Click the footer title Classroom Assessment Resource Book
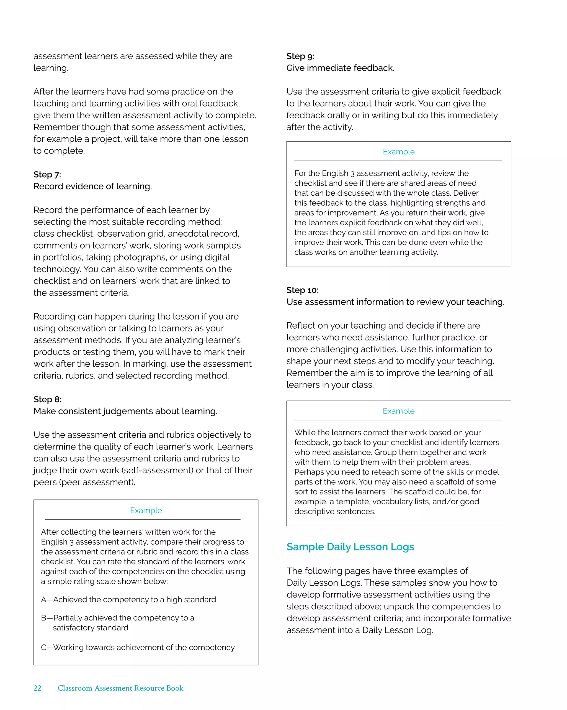point(120,688)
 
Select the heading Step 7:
point(47,175)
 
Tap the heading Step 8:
point(47,399)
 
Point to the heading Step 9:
point(300,56)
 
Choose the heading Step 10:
point(302,290)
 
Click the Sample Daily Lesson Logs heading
point(350,547)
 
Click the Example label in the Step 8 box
point(146,510)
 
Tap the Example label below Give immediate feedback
point(398,152)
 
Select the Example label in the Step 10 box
point(398,411)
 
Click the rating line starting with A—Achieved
point(128,600)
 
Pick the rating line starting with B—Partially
point(117,618)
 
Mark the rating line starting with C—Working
point(138,647)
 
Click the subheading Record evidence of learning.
point(92,187)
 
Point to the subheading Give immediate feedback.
point(340,68)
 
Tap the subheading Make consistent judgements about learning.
point(125,411)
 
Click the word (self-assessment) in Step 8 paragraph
point(157,471)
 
